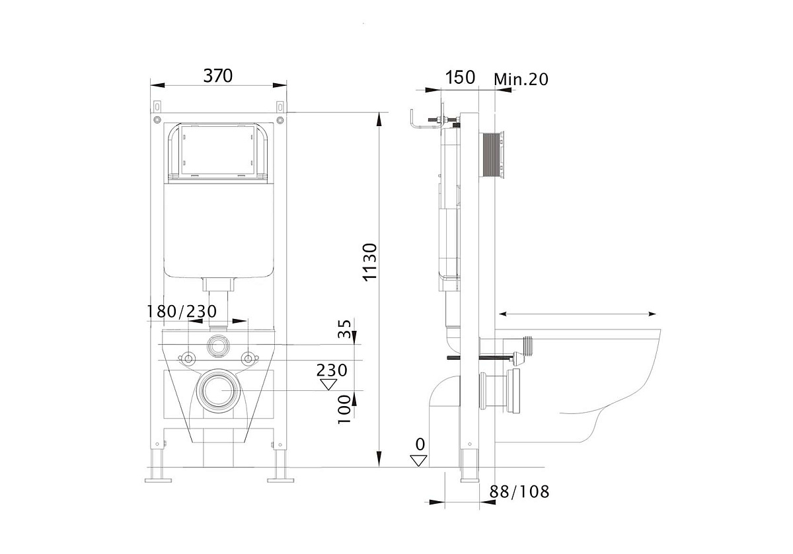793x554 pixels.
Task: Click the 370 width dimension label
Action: [217, 76]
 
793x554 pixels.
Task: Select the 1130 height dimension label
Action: [370, 262]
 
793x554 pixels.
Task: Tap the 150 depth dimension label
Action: [460, 77]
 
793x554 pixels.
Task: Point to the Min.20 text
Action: [521, 80]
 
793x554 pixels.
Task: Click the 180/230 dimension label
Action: [181, 311]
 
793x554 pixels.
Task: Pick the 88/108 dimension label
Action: [519, 491]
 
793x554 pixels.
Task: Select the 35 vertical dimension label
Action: [344, 329]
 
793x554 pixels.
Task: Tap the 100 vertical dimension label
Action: [344, 409]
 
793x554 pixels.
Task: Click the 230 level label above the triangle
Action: [332, 370]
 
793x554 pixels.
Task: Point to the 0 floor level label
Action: [420, 444]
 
